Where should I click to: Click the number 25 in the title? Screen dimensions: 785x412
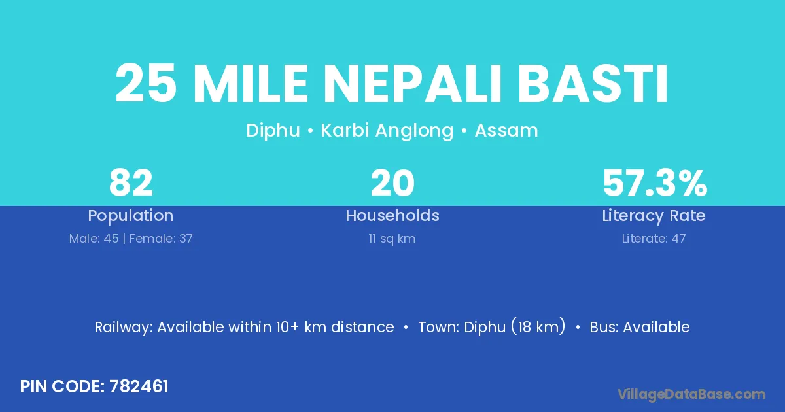tap(146, 84)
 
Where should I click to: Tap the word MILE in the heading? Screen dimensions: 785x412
tap(251, 84)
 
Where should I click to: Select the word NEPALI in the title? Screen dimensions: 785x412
tap(413, 84)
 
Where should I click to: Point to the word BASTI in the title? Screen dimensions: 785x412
tap(593, 84)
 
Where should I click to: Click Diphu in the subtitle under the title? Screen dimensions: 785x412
tap(273, 131)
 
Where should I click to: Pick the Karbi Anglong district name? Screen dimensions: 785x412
tap(387, 131)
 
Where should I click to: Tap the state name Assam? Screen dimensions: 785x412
tap(506, 131)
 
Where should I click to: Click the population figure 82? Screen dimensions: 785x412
tap(131, 183)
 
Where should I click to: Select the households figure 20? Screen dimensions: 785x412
tap(392, 183)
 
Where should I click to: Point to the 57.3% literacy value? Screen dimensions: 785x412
tap(655, 183)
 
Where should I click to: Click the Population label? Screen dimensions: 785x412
tap(131, 216)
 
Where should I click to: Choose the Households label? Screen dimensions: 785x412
tap(392, 215)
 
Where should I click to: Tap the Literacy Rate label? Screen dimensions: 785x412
tap(654, 216)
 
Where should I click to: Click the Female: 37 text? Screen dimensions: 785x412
tap(161, 239)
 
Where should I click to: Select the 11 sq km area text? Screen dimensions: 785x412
tap(392, 239)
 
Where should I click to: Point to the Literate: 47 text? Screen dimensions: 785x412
tap(654, 239)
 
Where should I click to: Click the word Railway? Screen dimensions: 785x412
tap(124, 328)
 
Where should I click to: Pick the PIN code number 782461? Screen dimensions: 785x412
tap(139, 386)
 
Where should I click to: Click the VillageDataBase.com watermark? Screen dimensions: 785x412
tap(691, 394)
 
